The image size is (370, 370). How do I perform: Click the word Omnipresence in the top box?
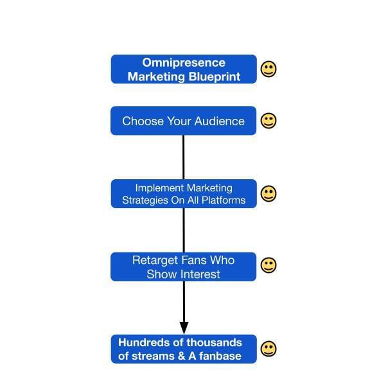click(x=184, y=63)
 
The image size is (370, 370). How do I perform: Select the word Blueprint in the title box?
click(x=215, y=77)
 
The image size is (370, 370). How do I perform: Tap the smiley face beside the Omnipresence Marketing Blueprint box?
click(x=269, y=69)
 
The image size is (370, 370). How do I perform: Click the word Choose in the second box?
click(x=143, y=121)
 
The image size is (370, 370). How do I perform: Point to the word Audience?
click(x=220, y=121)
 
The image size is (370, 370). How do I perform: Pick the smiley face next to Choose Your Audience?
click(x=269, y=121)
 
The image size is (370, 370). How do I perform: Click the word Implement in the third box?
click(x=159, y=189)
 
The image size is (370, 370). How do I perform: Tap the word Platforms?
click(x=224, y=200)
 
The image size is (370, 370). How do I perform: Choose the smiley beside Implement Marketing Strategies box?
click(x=269, y=194)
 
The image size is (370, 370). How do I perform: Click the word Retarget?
click(x=155, y=261)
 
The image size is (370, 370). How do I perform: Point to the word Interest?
click(x=200, y=274)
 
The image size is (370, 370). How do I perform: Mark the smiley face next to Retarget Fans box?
click(x=269, y=265)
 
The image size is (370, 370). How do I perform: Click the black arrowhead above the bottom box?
click(x=184, y=328)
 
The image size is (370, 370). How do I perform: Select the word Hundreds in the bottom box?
click(x=139, y=342)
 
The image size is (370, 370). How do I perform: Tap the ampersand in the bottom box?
click(x=182, y=356)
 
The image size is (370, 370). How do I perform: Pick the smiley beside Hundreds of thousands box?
click(x=269, y=349)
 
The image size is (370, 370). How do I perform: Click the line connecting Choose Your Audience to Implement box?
click(x=184, y=157)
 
